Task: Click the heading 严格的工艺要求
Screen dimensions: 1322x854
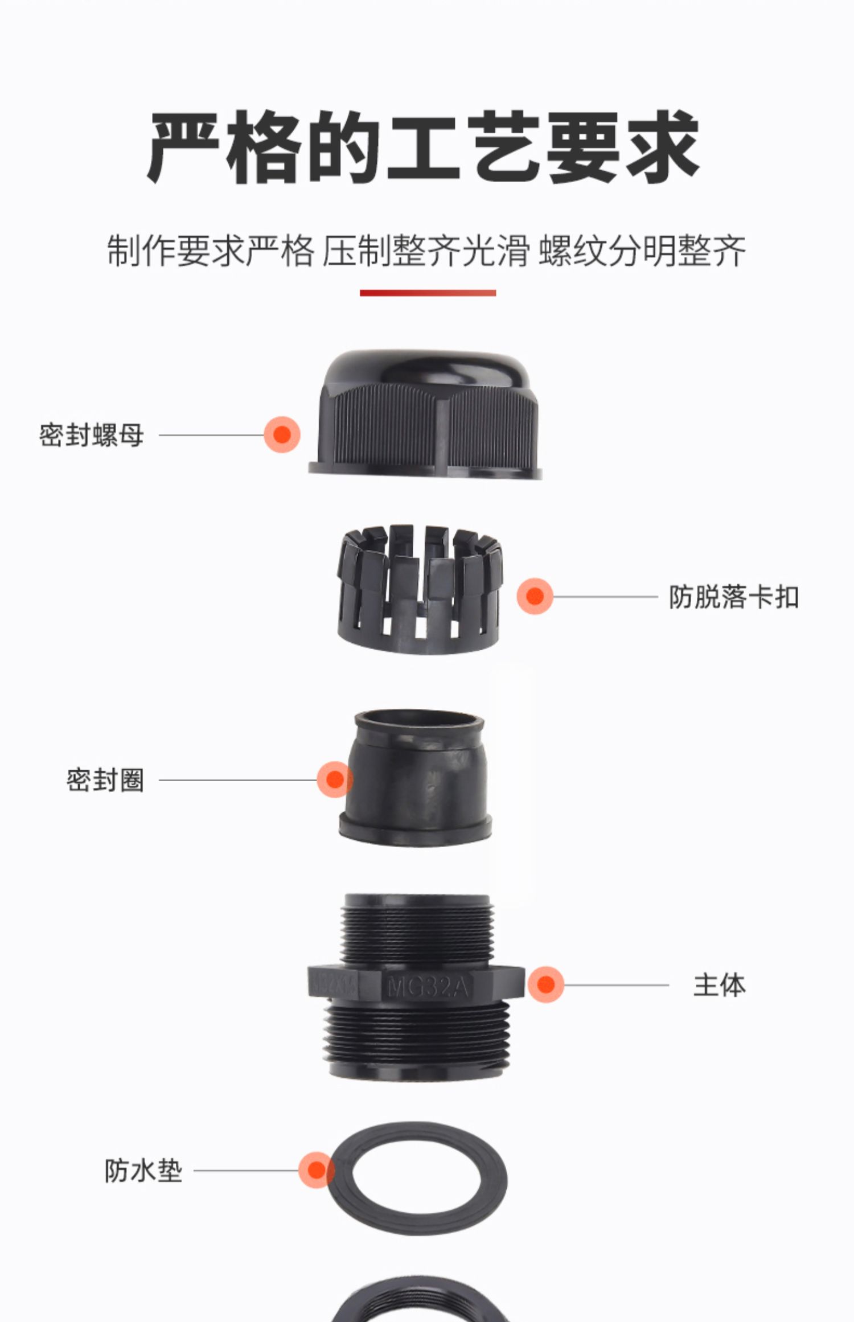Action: tap(424, 147)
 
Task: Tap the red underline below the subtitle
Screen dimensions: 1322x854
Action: tap(428, 293)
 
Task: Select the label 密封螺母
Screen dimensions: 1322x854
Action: tap(91, 436)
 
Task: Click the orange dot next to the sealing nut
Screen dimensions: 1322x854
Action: tap(282, 435)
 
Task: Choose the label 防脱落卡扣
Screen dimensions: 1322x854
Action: tap(733, 597)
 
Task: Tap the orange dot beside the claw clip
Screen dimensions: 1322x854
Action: tap(535, 596)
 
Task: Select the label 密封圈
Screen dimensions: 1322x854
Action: tap(105, 780)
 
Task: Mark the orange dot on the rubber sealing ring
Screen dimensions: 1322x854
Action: tap(335, 779)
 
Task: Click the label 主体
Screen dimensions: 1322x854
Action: tap(719, 985)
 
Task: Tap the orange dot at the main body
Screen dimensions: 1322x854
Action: tap(545, 984)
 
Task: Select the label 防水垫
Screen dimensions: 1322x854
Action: tap(143, 1171)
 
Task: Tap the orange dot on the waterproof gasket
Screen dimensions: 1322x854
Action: tap(317, 1171)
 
